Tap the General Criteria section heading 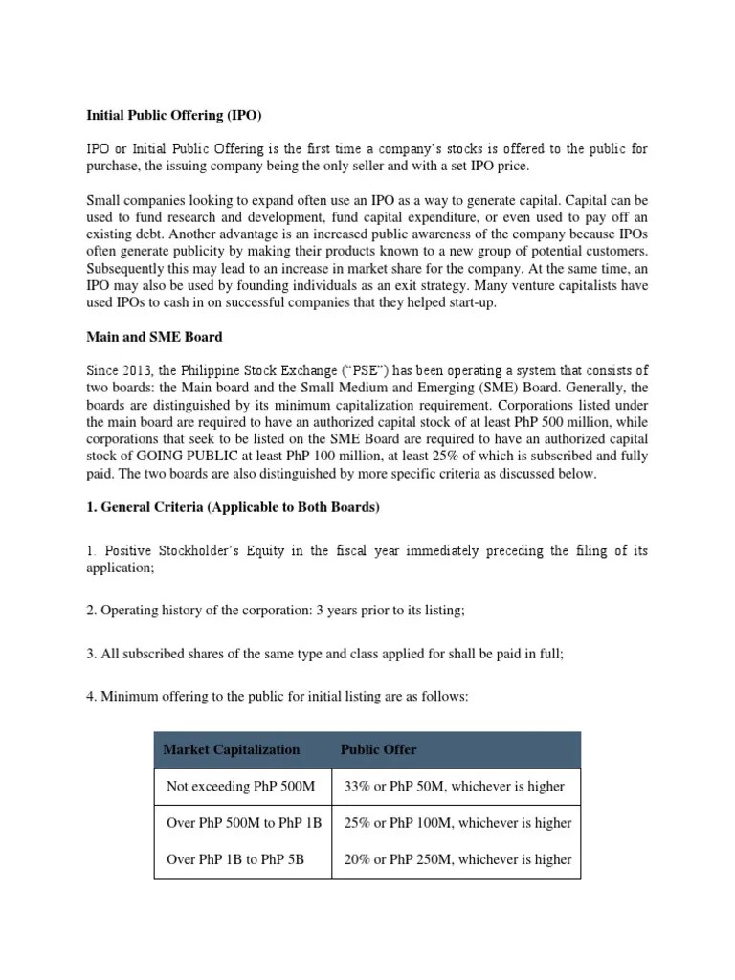[233, 507]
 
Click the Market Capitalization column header [232, 749]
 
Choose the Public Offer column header [379, 749]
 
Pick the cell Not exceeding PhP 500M [240, 787]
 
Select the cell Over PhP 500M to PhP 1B [242, 823]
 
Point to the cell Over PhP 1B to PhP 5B [235, 859]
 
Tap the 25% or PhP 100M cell [457, 823]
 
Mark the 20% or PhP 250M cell [457, 859]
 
